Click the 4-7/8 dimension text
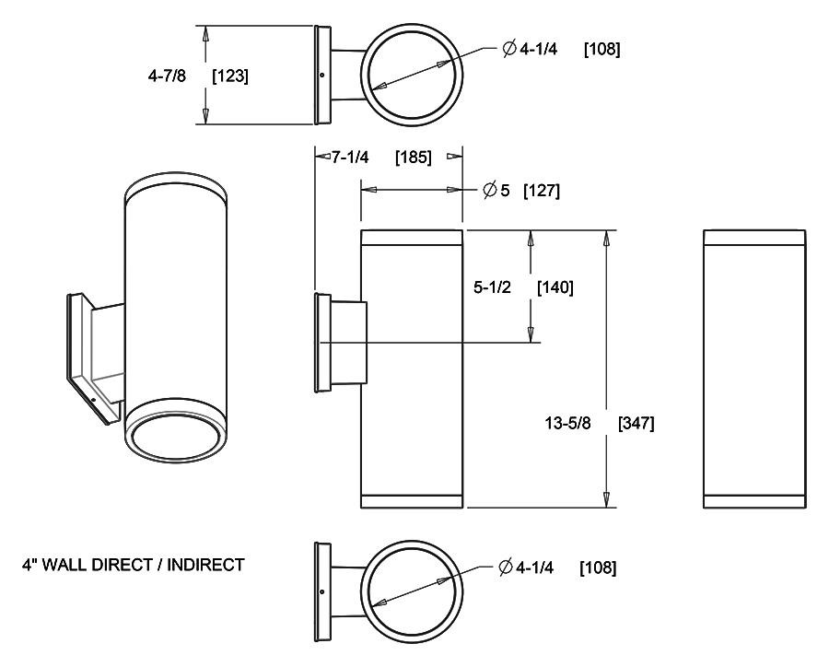coord(167,76)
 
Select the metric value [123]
coord(229,76)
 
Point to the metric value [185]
coord(413,157)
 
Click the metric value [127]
coord(542,191)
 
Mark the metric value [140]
coord(555,287)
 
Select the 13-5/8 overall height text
coord(568,424)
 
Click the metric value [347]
coord(636,424)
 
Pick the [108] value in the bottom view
coord(598,568)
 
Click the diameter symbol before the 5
coord(491,191)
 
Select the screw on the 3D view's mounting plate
coord(95,398)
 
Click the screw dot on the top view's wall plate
coord(321,76)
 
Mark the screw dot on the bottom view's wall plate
coord(321,592)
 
